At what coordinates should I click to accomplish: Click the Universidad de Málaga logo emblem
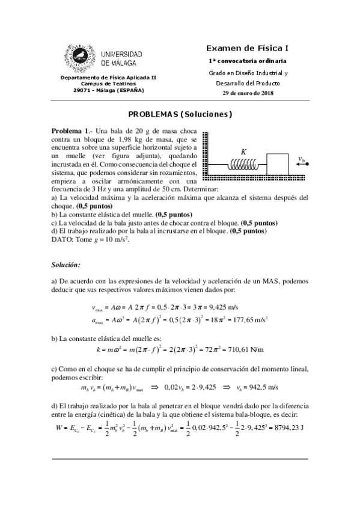(x=79, y=58)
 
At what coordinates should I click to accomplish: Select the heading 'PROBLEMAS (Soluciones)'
(x=180, y=114)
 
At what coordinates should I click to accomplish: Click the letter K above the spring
(x=243, y=152)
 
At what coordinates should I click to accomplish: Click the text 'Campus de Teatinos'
(x=102, y=84)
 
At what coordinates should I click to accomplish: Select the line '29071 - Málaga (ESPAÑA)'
(x=103, y=91)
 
